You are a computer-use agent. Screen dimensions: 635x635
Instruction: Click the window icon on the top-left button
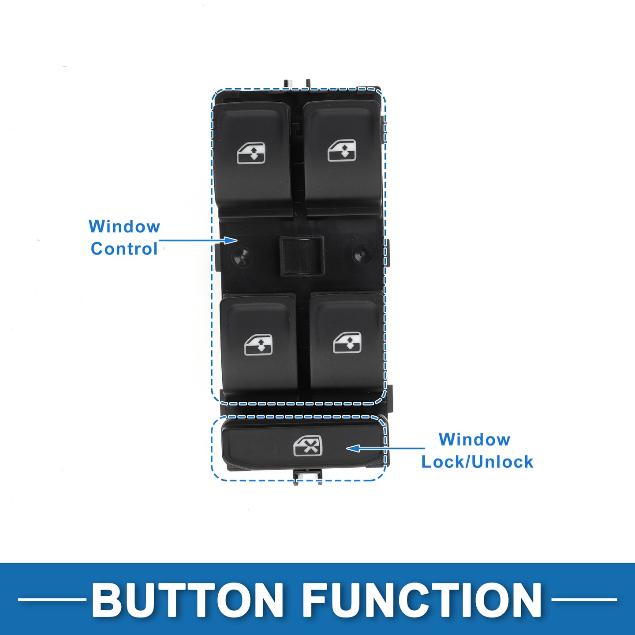coord(251,153)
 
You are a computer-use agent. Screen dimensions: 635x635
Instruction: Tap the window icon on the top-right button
coord(342,151)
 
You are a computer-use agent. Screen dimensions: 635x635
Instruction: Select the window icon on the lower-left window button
coord(258,344)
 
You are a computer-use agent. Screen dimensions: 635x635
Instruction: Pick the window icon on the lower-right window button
coord(347,343)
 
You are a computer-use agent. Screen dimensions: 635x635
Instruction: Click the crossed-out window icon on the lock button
coord(308,446)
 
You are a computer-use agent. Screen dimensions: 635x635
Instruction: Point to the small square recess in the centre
coord(302,256)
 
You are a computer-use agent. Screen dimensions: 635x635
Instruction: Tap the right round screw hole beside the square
coord(362,254)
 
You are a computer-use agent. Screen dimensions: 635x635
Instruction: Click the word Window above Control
coord(124,227)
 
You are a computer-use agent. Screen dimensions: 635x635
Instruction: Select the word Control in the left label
coord(124,249)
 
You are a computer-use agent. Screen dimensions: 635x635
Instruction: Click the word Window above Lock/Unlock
coord(474,440)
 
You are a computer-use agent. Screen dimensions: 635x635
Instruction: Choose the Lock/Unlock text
coord(477,462)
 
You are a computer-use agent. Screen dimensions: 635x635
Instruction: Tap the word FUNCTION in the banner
coord(422,600)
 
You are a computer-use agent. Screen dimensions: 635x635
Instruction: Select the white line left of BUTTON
coord(52,599)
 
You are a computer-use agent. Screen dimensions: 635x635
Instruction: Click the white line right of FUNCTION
coord(584,599)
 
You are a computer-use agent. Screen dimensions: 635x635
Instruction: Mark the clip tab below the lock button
coord(308,476)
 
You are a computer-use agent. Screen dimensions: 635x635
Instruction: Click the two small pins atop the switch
coord(297,83)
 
